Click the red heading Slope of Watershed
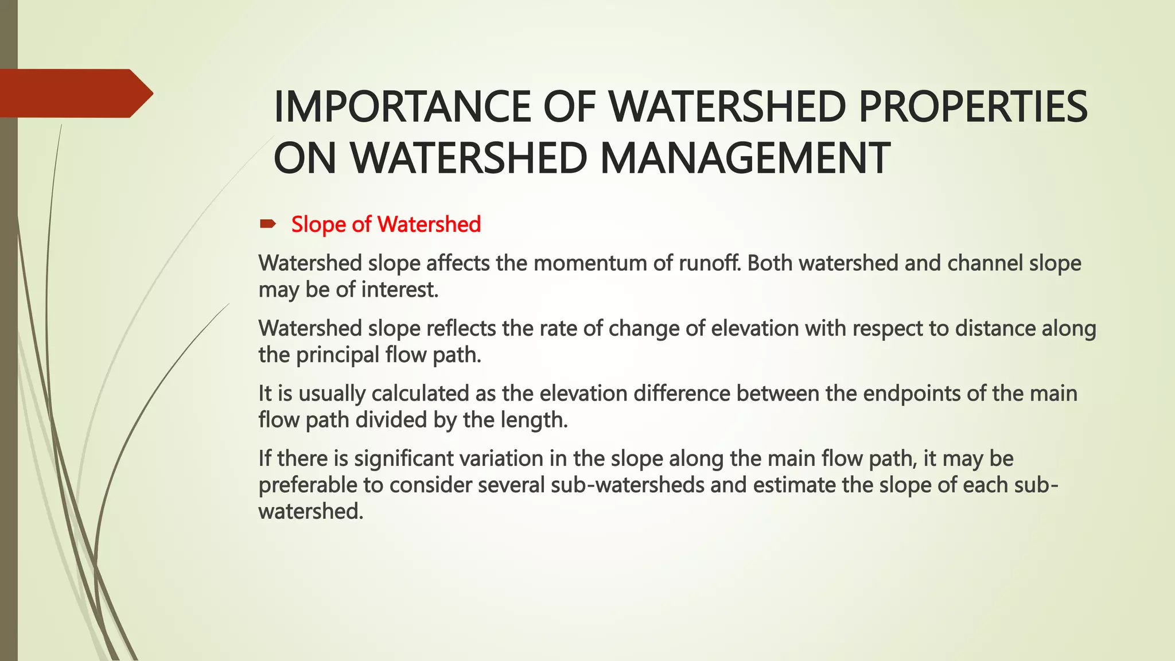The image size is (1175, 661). [386, 224]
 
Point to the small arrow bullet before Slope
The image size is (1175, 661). [268, 224]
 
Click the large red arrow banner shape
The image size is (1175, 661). [75, 94]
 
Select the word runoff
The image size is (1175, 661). [709, 263]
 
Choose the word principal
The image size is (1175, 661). [337, 355]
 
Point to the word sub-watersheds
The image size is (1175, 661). [627, 485]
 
